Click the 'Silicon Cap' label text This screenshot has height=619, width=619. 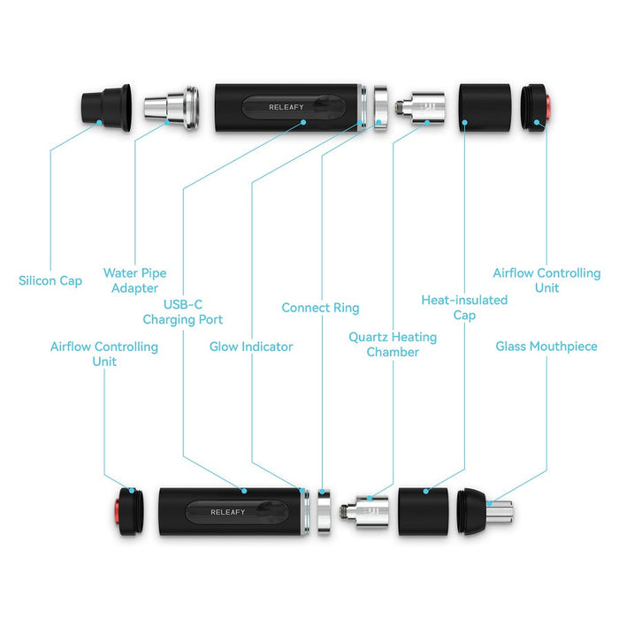coord(50,281)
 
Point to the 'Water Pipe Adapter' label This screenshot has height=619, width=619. coord(134,280)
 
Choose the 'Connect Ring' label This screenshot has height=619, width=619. coord(320,308)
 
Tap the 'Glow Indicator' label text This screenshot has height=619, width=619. coord(251,347)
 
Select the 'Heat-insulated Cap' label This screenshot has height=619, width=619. coord(464,308)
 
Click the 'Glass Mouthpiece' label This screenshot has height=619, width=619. coord(546,347)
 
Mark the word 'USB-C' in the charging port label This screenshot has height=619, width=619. coord(183,304)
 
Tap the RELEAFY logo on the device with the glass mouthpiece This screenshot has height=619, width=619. coord(227,512)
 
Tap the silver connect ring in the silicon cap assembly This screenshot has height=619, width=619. coord(379,107)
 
